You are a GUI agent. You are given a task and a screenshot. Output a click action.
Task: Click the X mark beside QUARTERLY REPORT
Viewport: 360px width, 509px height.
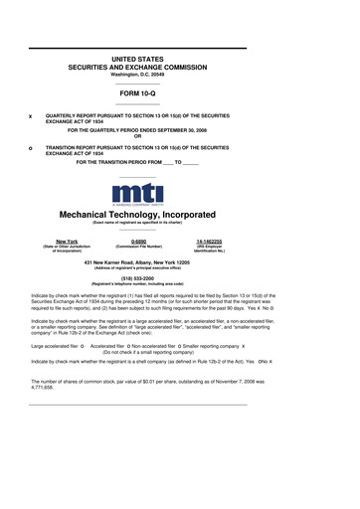click(30, 116)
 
